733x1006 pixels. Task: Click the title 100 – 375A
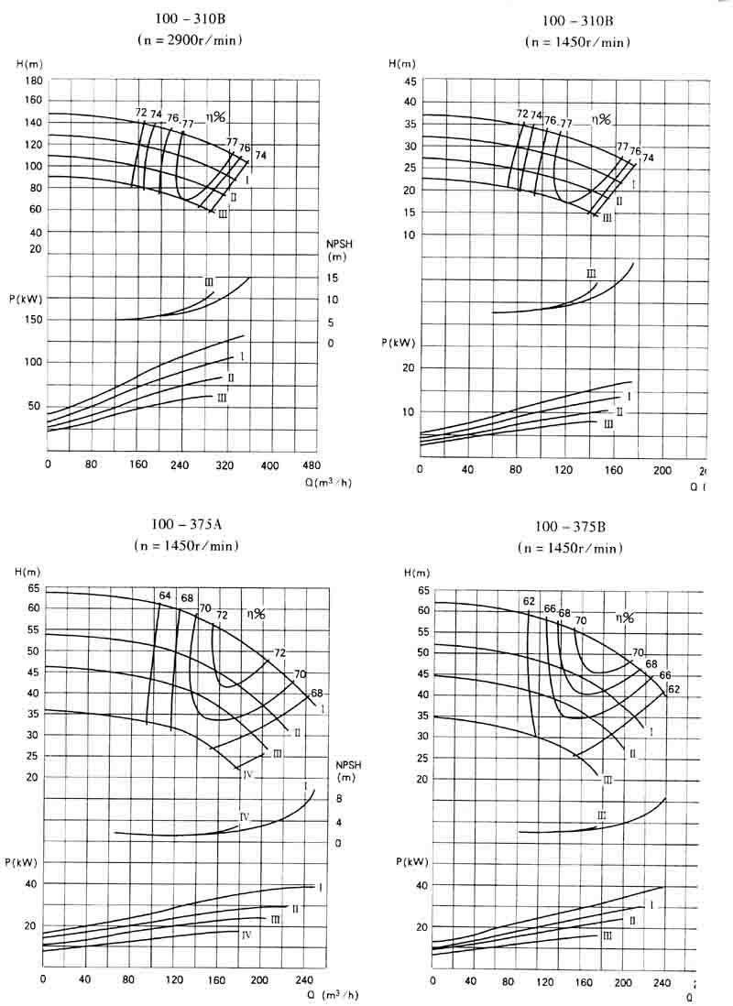coord(188,525)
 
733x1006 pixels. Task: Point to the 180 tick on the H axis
coord(33,80)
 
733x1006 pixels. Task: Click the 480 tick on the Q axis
coord(311,465)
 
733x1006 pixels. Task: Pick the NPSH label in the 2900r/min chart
coord(339,245)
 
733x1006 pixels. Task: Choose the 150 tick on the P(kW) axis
coord(32,321)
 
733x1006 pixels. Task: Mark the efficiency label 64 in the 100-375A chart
coord(165,596)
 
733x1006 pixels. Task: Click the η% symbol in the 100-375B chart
coord(625,618)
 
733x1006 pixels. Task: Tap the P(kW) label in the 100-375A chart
coord(27,862)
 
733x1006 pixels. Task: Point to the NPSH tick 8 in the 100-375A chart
coord(339,800)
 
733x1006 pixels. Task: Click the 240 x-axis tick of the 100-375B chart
coord(661,982)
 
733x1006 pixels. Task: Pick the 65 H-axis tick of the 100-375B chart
coord(422,590)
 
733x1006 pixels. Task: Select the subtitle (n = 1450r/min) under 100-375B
coord(570,548)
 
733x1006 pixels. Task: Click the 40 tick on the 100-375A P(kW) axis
coord(30,883)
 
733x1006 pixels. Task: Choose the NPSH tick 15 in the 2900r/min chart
coord(333,278)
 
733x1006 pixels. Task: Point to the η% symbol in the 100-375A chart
coord(255,614)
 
